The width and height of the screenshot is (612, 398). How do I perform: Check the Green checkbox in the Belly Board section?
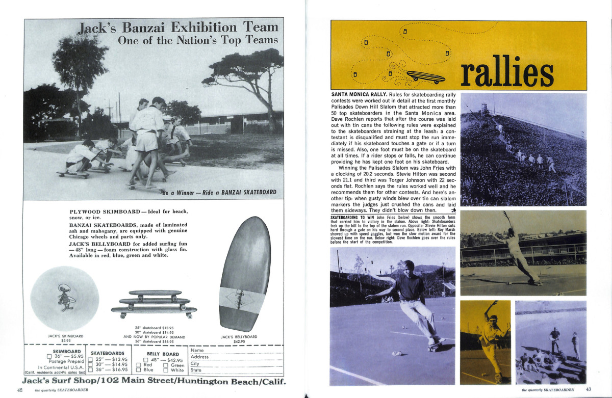click(x=166, y=365)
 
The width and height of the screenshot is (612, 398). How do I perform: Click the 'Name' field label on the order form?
click(x=197, y=350)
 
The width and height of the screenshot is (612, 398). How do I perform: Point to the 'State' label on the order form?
click(x=196, y=370)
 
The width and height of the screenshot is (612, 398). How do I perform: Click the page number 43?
click(x=588, y=390)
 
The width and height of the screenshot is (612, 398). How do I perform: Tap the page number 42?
click(x=20, y=390)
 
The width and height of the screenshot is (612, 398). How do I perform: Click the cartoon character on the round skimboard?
click(x=65, y=297)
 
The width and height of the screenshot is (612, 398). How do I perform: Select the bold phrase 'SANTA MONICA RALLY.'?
click(x=359, y=95)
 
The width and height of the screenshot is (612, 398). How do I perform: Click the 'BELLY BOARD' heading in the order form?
click(x=163, y=353)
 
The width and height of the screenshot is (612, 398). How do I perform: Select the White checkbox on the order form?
click(x=166, y=370)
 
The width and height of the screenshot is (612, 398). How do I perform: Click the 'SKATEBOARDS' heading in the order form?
click(x=108, y=353)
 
